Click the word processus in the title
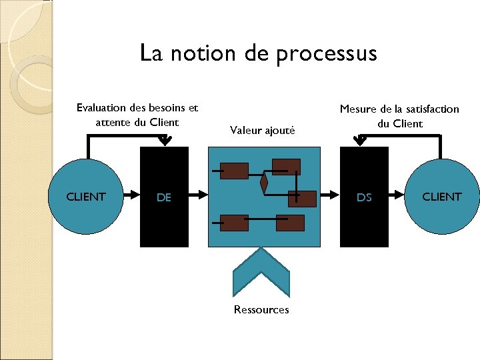326,53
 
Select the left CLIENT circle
86,197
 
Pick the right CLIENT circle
441,197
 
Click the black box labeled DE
164,197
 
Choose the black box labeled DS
364,197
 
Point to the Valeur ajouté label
262,130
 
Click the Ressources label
261,309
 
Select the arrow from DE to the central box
199,196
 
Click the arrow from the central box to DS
330,196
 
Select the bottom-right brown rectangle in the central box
290,223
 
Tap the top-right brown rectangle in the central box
286,166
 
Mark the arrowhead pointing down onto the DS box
360,140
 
